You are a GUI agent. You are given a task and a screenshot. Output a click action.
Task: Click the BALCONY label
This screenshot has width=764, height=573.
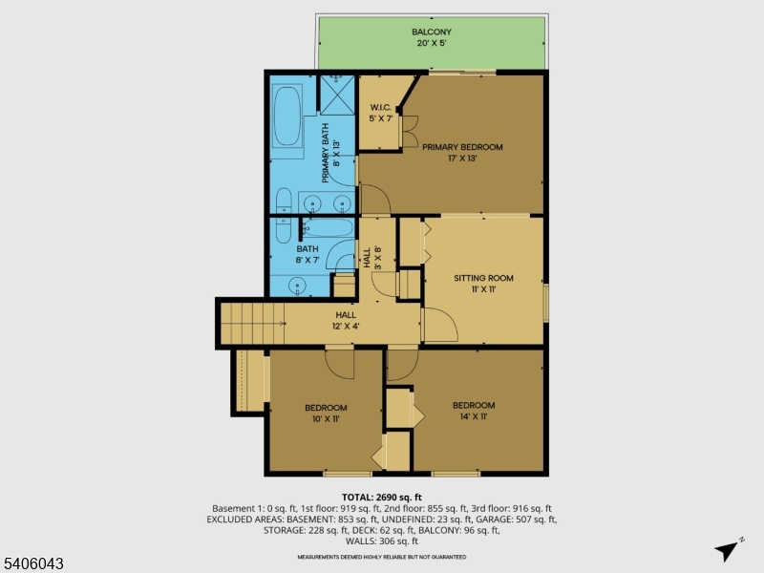(x=432, y=37)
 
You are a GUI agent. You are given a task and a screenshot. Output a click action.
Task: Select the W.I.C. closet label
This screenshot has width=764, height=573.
(x=381, y=112)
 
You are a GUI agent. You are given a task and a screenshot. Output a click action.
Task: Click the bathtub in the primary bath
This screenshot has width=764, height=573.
(x=286, y=117)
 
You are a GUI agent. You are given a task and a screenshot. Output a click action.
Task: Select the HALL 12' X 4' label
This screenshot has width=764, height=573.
(x=345, y=320)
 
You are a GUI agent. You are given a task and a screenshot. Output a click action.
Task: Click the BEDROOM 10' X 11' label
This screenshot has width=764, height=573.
(x=326, y=413)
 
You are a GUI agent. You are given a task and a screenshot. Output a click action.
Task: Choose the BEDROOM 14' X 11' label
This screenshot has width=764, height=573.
(x=474, y=410)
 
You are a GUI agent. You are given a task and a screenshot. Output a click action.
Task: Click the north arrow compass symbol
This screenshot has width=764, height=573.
(x=728, y=550)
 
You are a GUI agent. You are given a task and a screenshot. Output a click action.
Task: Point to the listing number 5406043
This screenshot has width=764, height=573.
(x=33, y=564)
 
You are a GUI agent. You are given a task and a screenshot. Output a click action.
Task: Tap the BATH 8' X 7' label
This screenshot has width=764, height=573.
(x=307, y=254)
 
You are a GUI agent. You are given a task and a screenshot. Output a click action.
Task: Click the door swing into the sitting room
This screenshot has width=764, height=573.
(x=439, y=326)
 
